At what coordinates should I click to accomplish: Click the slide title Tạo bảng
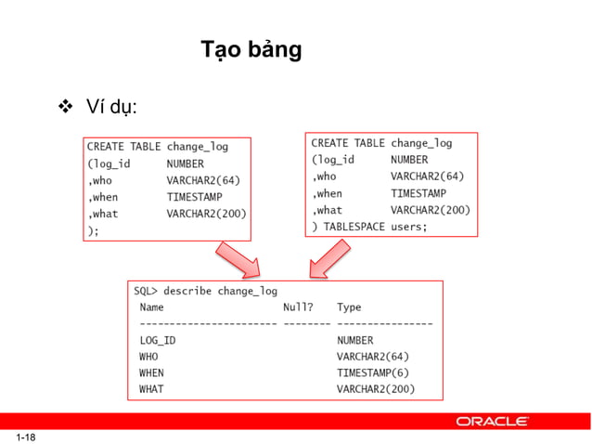pyautogui.click(x=251, y=50)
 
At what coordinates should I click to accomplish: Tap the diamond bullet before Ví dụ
pyautogui.click(x=65, y=108)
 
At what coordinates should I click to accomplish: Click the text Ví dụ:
pyautogui.click(x=112, y=108)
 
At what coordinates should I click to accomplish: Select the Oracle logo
pyautogui.click(x=493, y=421)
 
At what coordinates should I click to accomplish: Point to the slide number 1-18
pyautogui.click(x=24, y=437)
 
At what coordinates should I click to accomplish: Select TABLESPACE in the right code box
pyautogui.click(x=353, y=227)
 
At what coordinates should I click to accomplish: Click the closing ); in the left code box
pyautogui.click(x=93, y=230)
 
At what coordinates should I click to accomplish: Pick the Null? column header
pyautogui.click(x=297, y=307)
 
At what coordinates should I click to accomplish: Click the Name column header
pyautogui.click(x=151, y=307)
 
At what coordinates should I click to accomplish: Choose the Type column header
pyautogui.click(x=349, y=307)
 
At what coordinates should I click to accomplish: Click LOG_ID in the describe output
pyautogui.click(x=157, y=340)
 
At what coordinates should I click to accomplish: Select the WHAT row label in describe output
pyautogui.click(x=151, y=389)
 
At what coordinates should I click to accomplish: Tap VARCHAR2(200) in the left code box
pyautogui.click(x=206, y=214)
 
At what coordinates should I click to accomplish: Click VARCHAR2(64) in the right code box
pyautogui.click(x=427, y=176)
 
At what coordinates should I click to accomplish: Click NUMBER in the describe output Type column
pyautogui.click(x=354, y=340)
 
